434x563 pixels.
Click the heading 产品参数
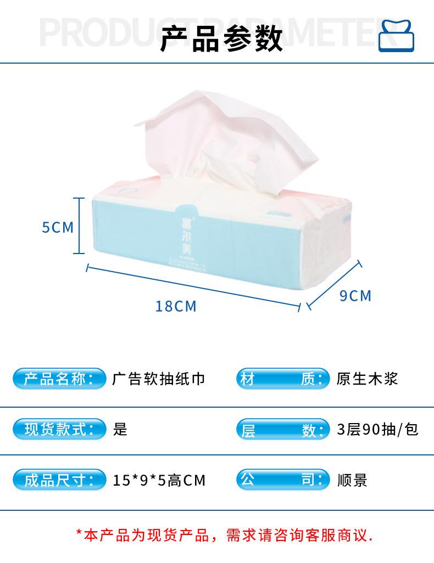(x=221, y=40)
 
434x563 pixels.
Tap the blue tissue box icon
(x=397, y=36)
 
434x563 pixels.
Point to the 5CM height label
(x=58, y=227)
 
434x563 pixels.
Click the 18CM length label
(x=176, y=306)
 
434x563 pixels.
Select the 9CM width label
(x=355, y=296)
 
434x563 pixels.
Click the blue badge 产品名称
(x=59, y=379)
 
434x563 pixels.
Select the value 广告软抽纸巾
(x=159, y=379)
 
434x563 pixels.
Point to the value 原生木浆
(x=367, y=379)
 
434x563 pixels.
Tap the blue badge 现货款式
(x=59, y=429)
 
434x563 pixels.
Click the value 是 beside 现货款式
(x=120, y=429)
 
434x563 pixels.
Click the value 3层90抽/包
(x=378, y=429)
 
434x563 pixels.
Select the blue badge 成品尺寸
(x=59, y=480)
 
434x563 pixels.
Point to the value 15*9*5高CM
(x=159, y=481)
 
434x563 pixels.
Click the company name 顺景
(x=352, y=481)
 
